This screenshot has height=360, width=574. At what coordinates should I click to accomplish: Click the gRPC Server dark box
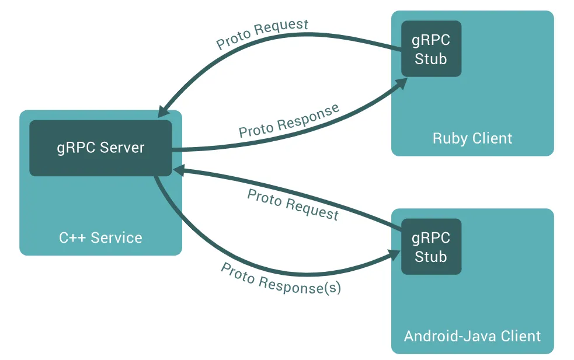(100, 148)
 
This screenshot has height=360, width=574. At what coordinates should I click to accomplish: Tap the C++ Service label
(100, 237)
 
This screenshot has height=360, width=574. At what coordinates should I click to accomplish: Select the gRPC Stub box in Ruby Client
(431, 49)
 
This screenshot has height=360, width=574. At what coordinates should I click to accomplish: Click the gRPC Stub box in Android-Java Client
(431, 247)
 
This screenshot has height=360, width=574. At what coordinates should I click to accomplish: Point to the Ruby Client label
(472, 138)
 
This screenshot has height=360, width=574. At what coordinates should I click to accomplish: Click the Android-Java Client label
(472, 336)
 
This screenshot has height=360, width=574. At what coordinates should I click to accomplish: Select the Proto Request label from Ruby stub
(262, 34)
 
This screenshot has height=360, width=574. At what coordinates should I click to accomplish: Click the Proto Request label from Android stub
(293, 204)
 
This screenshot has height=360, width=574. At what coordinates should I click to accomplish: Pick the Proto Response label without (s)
(289, 121)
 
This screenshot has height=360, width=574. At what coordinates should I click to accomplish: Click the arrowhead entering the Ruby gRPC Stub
(401, 82)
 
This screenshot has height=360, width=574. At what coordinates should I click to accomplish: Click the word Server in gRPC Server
(121, 148)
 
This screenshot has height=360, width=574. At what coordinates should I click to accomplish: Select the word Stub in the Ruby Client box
(431, 58)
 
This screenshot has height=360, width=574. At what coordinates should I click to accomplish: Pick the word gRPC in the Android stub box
(431, 237)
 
